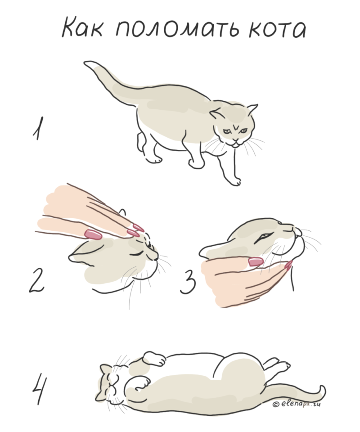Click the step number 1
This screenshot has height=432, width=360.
(x=38, y=128)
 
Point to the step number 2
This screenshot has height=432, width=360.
(x=36, y=280)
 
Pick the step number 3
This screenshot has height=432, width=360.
(x=188, y=282)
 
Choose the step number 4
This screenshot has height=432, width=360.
(x=39, y=389)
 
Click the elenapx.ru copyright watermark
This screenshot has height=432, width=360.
(x=297, y=404)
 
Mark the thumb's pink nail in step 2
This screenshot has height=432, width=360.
(x=93, y=234)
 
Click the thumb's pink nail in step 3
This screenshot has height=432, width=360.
(x=256, y=261)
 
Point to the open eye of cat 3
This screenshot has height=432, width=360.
(x=263, y=237)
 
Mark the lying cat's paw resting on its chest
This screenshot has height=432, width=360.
(x=140, y=382)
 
